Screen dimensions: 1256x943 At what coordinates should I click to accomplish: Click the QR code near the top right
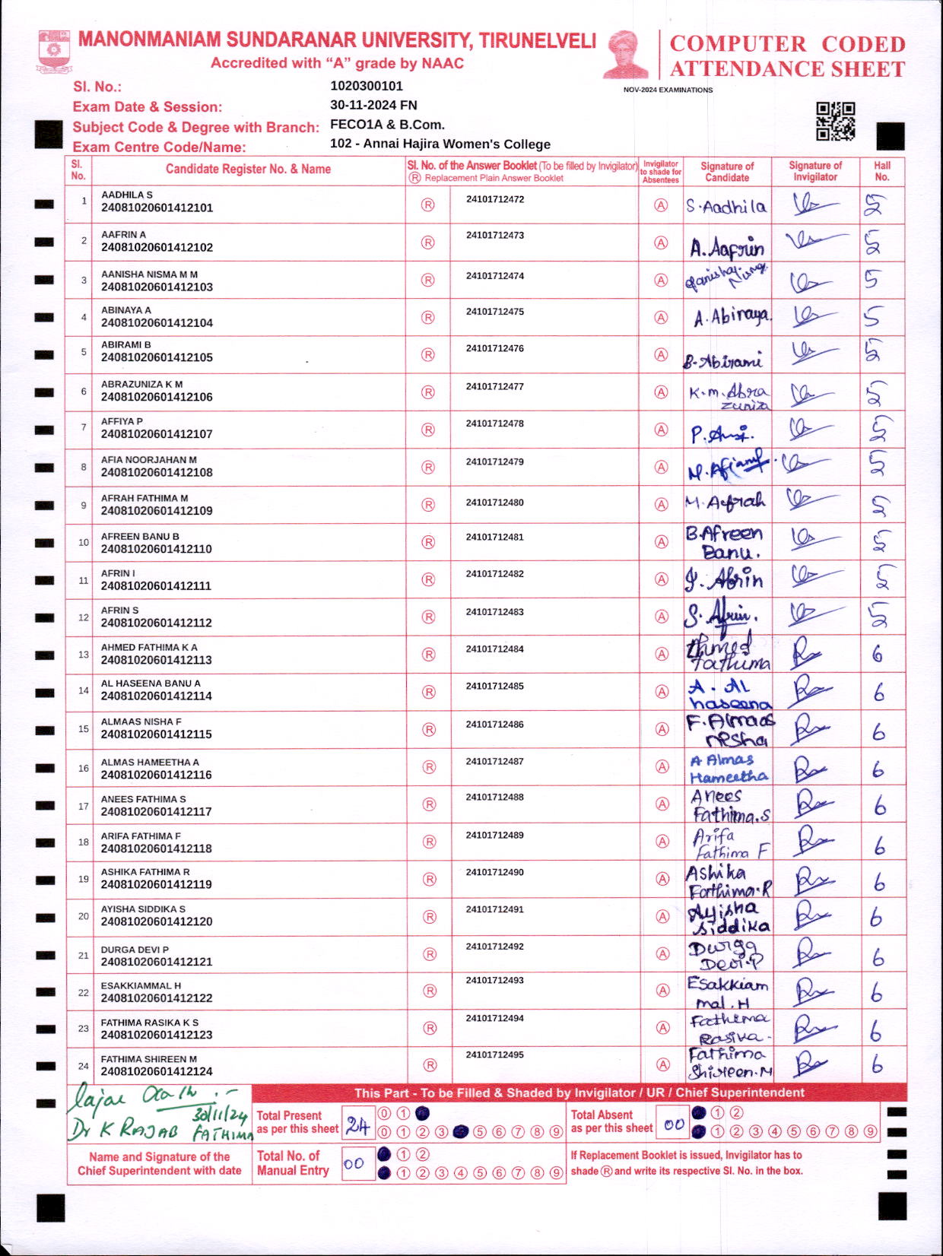[x=835, y=122]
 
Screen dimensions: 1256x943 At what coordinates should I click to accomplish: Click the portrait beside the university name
[x=627, y=55]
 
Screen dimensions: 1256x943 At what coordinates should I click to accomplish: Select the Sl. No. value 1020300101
[x=367, y=86]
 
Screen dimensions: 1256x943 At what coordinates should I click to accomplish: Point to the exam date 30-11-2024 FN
[x=373, y=105]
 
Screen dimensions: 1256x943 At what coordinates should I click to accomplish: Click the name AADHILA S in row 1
[x=127, y=195]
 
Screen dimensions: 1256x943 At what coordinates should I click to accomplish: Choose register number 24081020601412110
[x=157, y=549]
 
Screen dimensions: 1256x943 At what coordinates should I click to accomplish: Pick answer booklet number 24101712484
[x=495, y=649]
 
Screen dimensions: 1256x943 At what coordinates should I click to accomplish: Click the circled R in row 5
[x=428, y=355]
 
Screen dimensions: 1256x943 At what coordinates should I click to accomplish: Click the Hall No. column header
[x=882, y=171]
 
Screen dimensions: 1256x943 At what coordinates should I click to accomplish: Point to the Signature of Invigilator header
[x=815, y=171]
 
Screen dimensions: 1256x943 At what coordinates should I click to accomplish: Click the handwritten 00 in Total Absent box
[x=674, y=1124]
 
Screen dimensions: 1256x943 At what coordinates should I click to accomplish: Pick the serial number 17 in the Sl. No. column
[x=84, y=806]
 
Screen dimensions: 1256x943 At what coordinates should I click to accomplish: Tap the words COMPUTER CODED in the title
[x=787, y=44]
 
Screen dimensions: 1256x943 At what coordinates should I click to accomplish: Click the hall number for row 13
[x=878, y=654]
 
